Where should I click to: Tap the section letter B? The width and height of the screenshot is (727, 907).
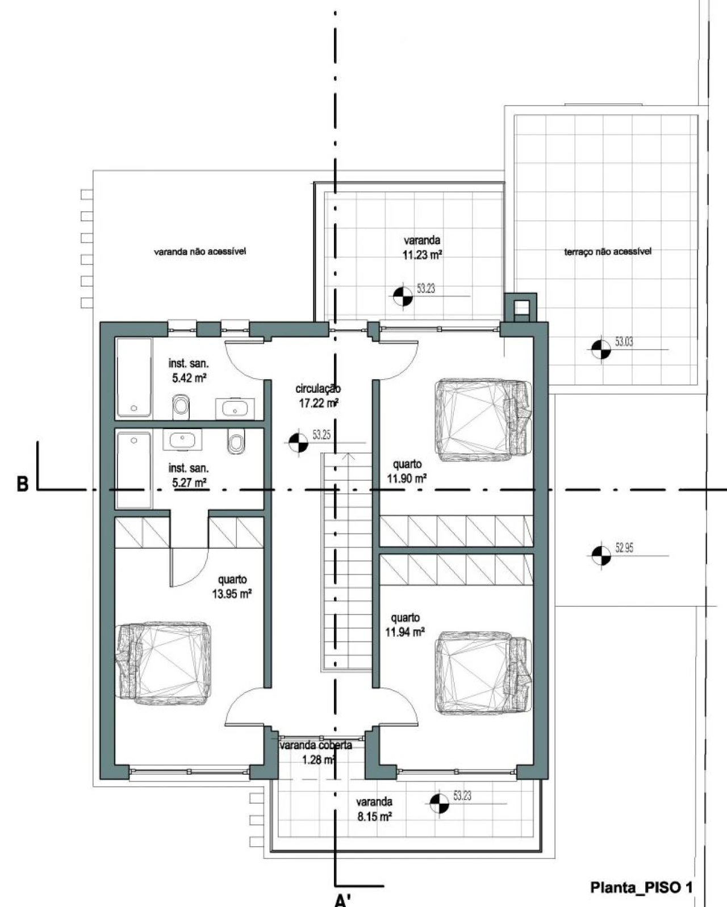[22, 484]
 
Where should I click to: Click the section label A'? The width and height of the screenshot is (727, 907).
[342, 899]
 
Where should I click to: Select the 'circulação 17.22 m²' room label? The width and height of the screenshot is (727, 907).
[319, 396]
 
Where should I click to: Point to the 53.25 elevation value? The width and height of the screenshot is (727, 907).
[321, 435]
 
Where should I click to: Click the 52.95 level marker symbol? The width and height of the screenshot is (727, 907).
[601, 555]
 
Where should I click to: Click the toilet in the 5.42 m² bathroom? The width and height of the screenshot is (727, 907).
[181, 407]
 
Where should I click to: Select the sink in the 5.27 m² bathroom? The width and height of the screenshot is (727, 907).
[182, 440]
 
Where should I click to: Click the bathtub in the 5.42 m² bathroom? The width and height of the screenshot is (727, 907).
[134, 377]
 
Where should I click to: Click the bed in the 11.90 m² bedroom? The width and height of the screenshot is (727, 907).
[483, 420]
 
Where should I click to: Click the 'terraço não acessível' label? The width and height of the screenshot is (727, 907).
[608, 251]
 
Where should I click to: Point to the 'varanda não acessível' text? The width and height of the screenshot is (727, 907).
[200, 251]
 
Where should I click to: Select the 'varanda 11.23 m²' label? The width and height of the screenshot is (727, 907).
[422, 247]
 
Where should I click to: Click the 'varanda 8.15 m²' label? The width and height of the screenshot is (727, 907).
[374, 809]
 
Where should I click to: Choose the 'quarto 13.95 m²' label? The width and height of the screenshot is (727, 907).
[232, 587]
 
